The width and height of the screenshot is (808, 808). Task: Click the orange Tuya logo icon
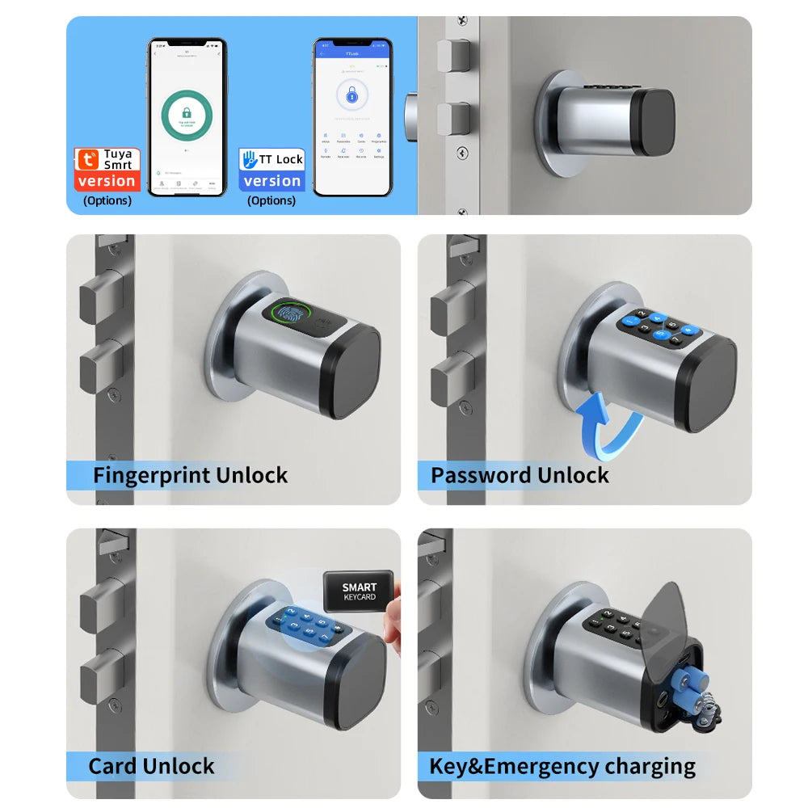(86, 159)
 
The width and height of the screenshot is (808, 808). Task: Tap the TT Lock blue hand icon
(250, 159)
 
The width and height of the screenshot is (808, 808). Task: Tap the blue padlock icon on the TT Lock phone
(351, 98)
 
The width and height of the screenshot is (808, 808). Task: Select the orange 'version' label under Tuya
(107, 182)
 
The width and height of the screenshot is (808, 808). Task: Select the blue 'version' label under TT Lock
(271, 182)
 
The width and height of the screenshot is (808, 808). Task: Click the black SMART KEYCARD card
(359, 592)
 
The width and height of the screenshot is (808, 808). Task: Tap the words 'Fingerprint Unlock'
(190, 475)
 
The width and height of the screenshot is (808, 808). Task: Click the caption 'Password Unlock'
(520, 475)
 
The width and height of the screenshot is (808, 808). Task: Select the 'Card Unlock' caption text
(151, 766)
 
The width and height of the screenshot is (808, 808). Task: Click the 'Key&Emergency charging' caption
(562, 766)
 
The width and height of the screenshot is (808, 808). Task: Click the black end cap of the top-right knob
(653, 122)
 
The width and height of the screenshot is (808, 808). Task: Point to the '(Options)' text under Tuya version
(107, 200)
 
